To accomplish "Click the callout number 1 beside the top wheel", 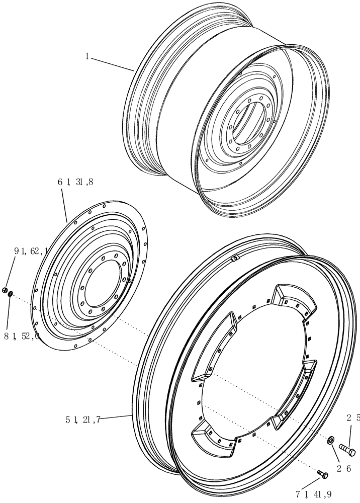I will (x=87, y=57).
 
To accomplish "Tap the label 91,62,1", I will (x=30, y=250).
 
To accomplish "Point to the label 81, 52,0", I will (x=21, y=337).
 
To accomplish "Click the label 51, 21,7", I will (x=83, y=419).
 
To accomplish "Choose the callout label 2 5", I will (x=352, y=417).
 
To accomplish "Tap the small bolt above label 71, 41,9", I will (x=322, y=474).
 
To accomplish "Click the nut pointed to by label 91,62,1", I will (x=4, y=290).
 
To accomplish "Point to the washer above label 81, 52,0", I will (x=11, y=293).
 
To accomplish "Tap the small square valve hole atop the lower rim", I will (x=234, y=259).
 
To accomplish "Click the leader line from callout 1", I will (x=112, y=64).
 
